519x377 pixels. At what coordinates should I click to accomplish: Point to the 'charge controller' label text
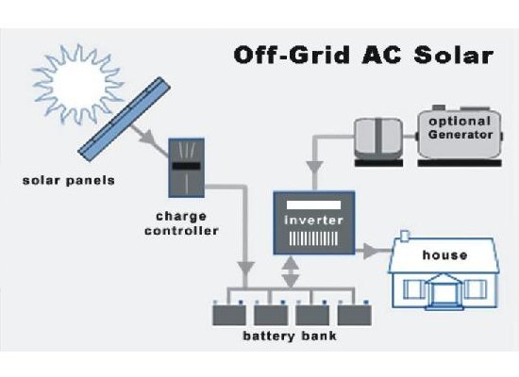tap(190, 222)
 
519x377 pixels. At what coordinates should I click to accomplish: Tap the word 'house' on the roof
tap(444, 254)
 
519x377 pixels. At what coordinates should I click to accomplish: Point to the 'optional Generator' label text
tap(459, 128)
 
